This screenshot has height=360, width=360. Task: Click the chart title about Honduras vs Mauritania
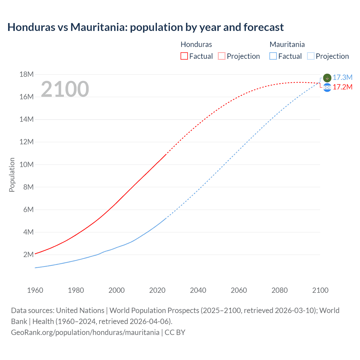click(x=145, y=27)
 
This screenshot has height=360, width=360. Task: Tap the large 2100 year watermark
click(x=65, y=89)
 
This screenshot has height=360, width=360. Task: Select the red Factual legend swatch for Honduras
click(x=184, y=56)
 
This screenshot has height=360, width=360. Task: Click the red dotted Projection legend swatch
click(x=222, y=56)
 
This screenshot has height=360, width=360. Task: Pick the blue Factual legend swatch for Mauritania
click(x=273, y=56)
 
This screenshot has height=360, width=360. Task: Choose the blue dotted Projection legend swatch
click(x=310, y=56)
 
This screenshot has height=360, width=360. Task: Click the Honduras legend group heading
click(x=196, y=44)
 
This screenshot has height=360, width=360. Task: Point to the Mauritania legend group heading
click(x=287, y=44)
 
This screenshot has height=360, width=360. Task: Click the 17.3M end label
click(x=342, y=77)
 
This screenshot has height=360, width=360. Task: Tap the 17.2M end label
click(x=342, y=87)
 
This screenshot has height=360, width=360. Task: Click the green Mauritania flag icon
click(x=327, y=78)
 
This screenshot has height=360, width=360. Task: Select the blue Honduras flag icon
click(x=327, y=88)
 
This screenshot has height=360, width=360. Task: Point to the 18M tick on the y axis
click(x=26, y=74)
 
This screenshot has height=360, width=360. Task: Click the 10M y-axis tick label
click(x=26, y=165)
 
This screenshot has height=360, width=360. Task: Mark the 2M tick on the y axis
click(x=28, y=255)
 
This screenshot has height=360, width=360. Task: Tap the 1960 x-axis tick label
click(x=35, y=290)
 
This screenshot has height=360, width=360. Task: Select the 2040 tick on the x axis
click(x=198, y=290)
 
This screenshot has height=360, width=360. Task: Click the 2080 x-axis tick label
click(x=280, y=290)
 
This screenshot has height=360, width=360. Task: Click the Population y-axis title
click(x=12, y=175)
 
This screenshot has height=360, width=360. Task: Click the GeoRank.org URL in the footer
click(x=85, y=332)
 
